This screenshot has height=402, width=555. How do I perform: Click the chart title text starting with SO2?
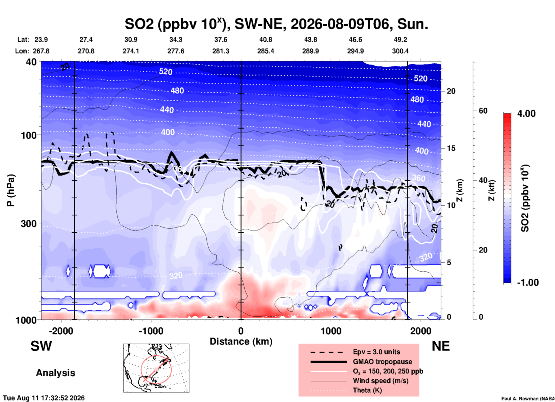tap(276, 24)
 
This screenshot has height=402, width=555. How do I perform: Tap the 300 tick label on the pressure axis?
tap(29, 223)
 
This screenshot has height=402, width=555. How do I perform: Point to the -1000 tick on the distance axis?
tap(151, 331)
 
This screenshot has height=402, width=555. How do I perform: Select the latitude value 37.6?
tap(221, 40)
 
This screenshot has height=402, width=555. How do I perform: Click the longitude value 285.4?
tap(266, 51)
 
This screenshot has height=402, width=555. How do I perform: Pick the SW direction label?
tap(41, 346)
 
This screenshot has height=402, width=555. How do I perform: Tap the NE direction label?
tap(441, 346)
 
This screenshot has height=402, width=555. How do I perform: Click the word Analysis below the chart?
tap(55, 373)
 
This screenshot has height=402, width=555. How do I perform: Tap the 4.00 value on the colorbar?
tap(526, 114)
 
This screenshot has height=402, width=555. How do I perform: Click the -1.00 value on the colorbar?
tap(528, 283)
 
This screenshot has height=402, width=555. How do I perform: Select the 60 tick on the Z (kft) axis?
tap(483, 111)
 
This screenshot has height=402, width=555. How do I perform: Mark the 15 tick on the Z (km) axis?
tap(451, 148)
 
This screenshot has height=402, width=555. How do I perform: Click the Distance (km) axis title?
tap(241, 341)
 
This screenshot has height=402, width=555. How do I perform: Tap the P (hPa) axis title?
tap(11, 190)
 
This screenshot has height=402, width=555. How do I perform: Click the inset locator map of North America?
tap(156, 368)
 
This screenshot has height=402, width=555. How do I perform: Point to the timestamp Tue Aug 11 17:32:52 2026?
tap(44, 398)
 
